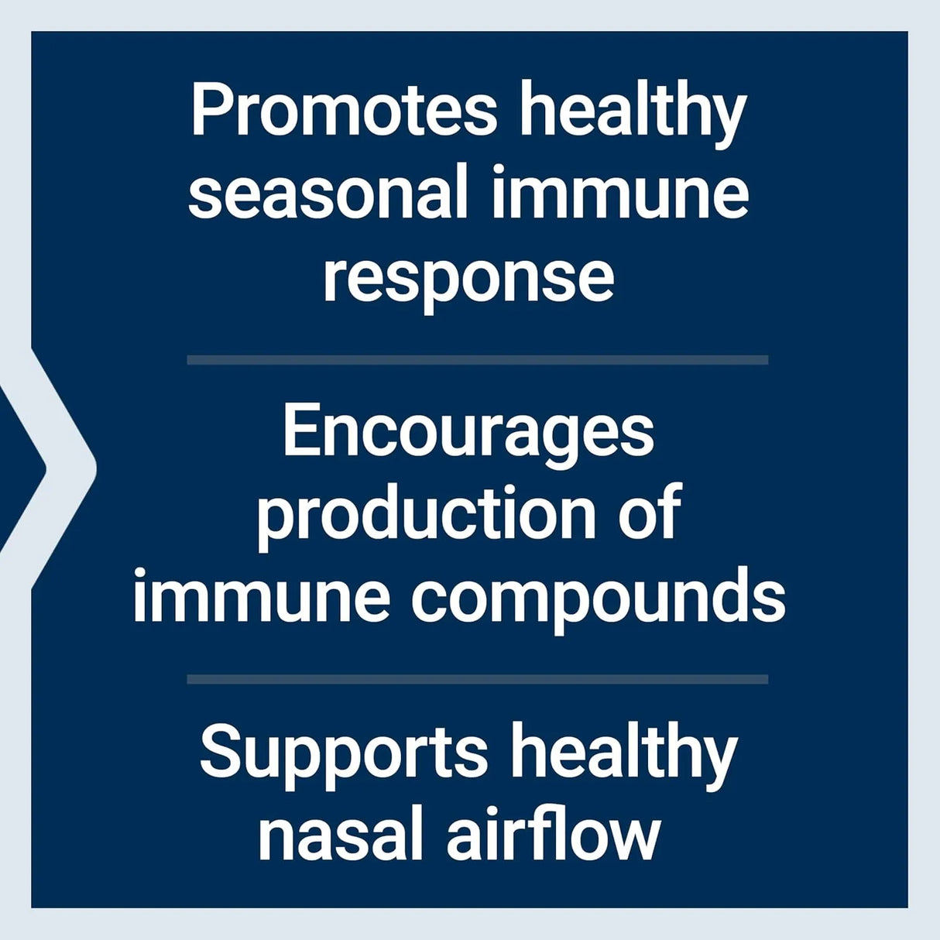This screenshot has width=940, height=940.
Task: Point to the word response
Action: tap(468, 279)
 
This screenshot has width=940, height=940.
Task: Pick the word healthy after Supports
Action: tap(624, 756)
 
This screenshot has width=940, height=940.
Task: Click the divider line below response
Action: tap(477, 360)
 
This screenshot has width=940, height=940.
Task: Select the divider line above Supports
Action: tap(477, 679)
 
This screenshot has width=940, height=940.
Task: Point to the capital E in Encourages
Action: tap(302, 431)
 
